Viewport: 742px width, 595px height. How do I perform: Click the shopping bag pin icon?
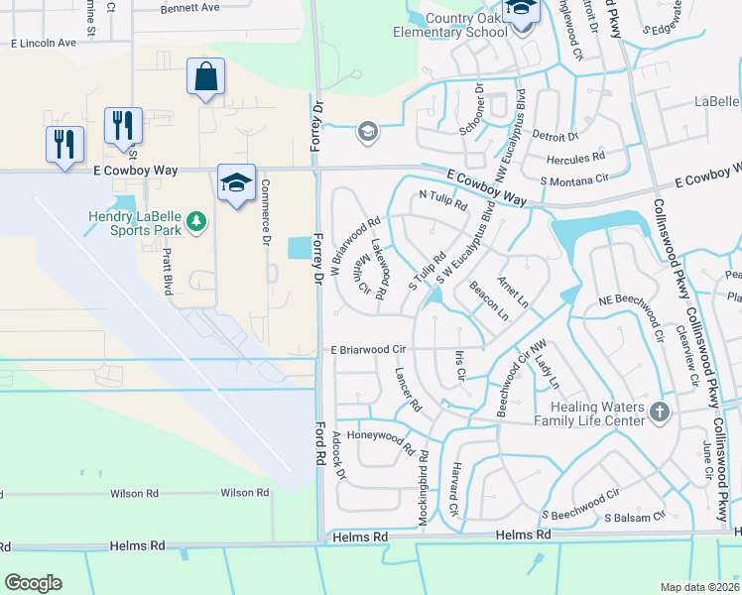click(205, 76)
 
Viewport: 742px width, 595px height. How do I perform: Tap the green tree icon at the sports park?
click(196, 219)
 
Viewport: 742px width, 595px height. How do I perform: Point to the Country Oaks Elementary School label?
click(464, 25)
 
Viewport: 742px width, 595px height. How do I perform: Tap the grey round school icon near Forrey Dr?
click(368, 132)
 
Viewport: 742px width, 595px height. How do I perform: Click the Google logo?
click(33, 582)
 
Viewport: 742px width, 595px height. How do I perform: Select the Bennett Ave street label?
click(190, 8)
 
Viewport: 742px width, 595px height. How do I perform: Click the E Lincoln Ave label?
click(43, 44)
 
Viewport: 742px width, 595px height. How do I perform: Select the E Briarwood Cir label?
click(369, 350)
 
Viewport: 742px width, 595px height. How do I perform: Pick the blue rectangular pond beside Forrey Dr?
click(298, 248)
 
